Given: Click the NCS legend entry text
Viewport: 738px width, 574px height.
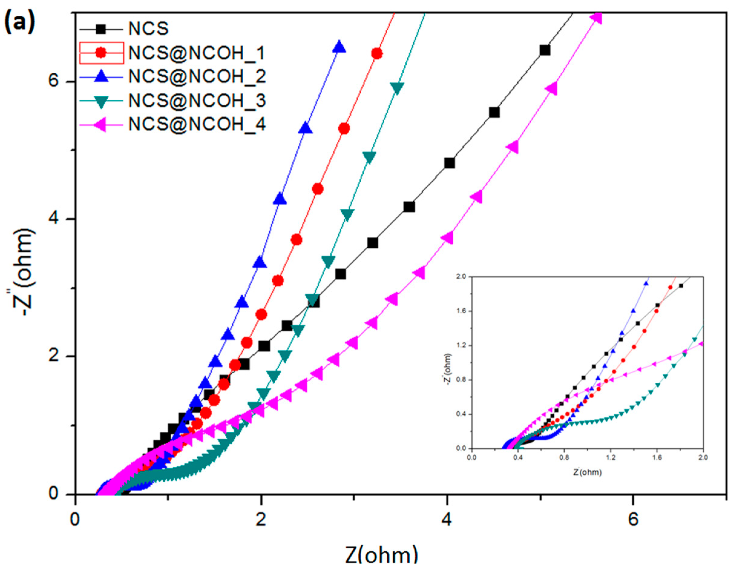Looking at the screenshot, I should tap(148, 28).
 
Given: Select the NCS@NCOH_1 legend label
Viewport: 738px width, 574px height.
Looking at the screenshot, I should tap(196, 53).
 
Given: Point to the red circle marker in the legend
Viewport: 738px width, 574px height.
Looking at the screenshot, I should tap(101, 53).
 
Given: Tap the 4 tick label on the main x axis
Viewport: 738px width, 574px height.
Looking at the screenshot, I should tap(447, 519).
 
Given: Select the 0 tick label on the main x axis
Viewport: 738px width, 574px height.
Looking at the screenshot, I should tap(75, 519).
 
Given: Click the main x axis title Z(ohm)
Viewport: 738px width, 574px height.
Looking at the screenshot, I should tap(381, 555).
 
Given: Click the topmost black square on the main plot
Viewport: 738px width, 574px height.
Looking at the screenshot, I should tap(544, 50).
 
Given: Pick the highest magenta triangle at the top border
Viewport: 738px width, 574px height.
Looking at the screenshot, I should tap(597, 18).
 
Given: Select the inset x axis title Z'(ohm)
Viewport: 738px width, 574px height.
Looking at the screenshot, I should tap(587, 472).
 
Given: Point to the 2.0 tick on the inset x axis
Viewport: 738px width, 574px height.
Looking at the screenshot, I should tap(703, 457).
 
